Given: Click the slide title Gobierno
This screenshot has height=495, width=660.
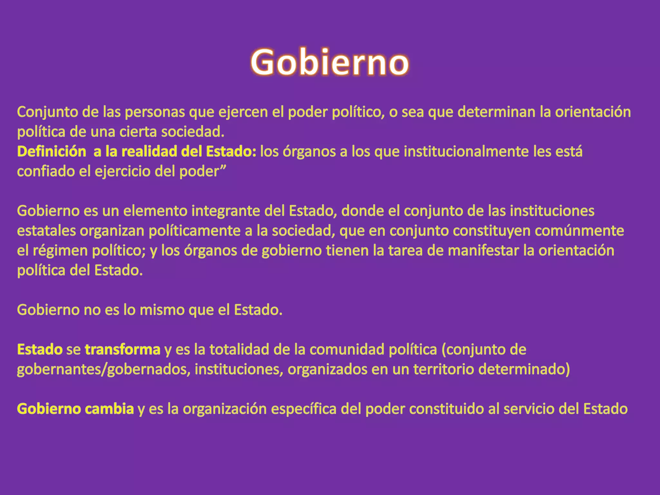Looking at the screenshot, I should pyautogui.click(x=330, y=62).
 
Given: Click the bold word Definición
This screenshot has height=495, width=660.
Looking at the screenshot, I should pyautogui.click(x=52, y=151).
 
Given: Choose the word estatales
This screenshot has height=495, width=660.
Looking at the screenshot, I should pyautogui.click(x=46, y=231).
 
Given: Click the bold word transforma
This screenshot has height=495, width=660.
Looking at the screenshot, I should pyautogui.click(x=122, y=350).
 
